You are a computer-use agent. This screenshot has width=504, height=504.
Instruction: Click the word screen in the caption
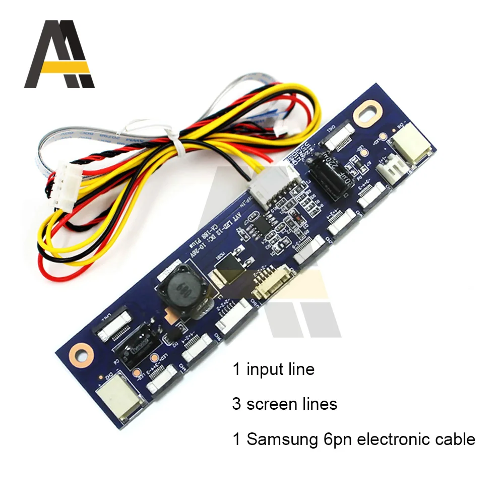pos(273,404)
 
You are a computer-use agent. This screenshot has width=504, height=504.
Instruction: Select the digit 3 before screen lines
pos(237,404)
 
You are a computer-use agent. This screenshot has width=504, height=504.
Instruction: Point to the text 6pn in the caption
pos(335,439)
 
